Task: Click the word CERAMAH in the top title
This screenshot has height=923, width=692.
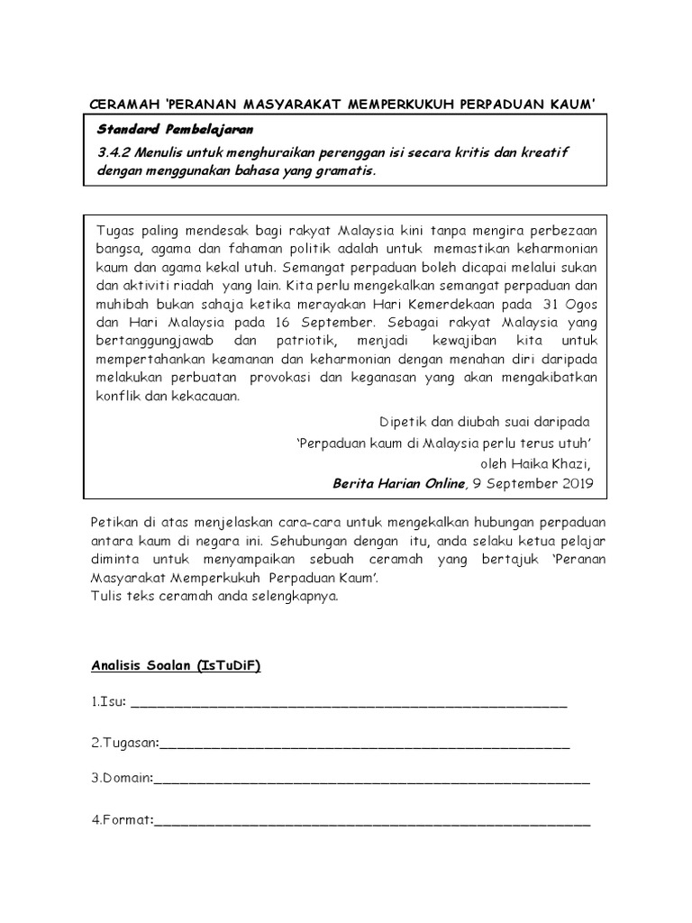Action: pos(126,105)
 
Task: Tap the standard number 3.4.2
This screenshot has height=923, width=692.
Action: pos(114,151)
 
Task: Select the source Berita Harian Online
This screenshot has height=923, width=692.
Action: pos(399,483)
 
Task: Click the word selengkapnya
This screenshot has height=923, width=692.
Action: pos(293,596)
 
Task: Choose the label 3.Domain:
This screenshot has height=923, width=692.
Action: pos(122,778)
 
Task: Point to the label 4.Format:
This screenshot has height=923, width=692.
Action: pos(122,820)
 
